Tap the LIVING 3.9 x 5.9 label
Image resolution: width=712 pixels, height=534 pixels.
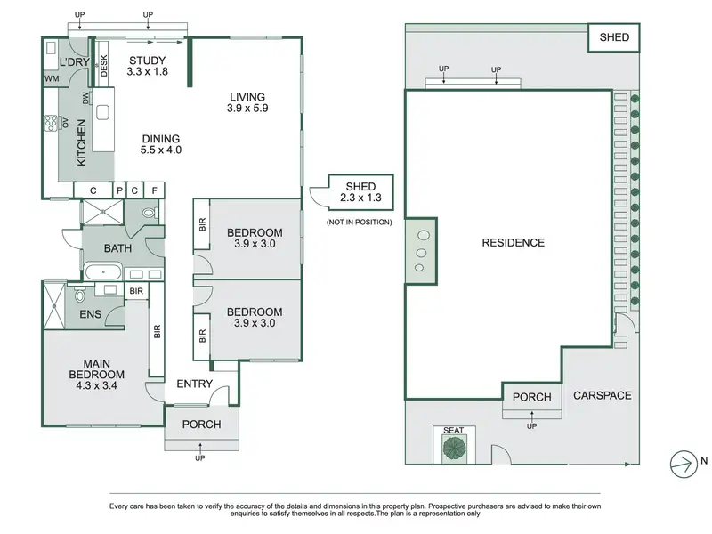tap(247, 102)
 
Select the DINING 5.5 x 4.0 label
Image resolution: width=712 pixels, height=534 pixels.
tap(161, 144)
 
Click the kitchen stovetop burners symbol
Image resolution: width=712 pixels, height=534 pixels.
tap(51, 123)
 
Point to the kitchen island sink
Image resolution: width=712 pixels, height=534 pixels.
tap(102, 112)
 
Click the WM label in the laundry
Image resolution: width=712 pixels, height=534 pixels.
tap(52, 78)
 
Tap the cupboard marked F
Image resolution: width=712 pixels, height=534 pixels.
tap(154, 190)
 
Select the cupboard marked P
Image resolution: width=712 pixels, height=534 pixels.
tap(119, 190)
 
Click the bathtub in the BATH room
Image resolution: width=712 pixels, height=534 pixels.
tap(103, 272)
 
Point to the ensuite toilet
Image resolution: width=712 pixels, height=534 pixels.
tap(80, 295)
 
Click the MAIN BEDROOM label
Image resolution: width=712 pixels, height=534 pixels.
tap(96, 375)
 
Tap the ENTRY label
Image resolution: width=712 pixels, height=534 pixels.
tap(194, 384)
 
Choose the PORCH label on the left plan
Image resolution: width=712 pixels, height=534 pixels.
tap(202, 425)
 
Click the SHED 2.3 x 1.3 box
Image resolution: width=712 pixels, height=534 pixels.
tap(360, 192)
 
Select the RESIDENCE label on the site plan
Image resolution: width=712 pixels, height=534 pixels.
tap(514, 242)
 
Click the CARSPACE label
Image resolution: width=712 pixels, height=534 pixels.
tap(603, 395)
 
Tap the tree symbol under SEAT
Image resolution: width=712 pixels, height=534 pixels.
tap(454, 448)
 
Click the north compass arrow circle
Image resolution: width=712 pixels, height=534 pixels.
tap(684, 464)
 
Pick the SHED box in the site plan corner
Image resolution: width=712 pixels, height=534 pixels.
tap(614, 37)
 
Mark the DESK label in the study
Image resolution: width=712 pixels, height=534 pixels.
tap(103, 66)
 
